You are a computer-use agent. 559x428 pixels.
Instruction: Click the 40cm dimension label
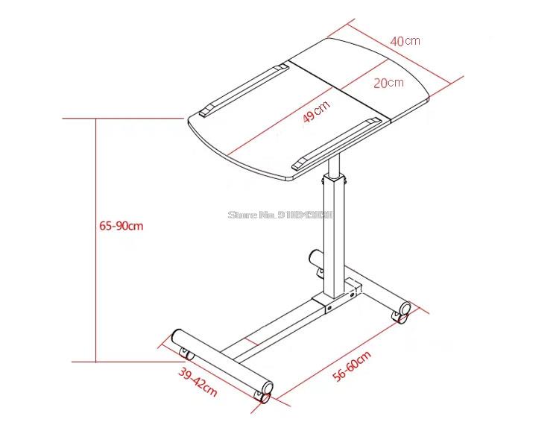point(407,40)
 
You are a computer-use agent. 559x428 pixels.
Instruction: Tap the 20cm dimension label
point(388,83)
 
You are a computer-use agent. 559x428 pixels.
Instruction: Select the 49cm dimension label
point(315,113)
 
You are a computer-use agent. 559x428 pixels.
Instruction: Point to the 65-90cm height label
point(121,226)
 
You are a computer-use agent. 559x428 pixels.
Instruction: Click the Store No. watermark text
point(281,215)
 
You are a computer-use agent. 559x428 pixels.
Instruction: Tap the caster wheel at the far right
point(404,312)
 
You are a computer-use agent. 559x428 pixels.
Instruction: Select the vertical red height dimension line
point(96,239)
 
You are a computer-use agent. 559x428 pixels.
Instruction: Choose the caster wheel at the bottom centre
point(265,392)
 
